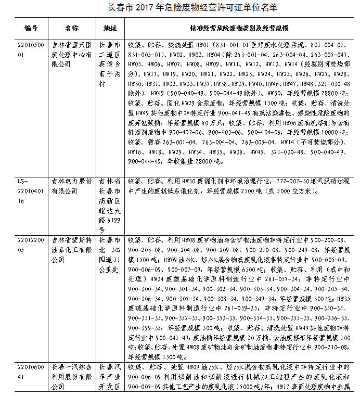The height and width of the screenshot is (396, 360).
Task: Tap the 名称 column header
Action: [71, 28]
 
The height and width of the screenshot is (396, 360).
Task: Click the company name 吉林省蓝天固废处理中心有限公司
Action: [71, 54]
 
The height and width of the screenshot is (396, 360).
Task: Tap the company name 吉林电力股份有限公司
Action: [71, 186]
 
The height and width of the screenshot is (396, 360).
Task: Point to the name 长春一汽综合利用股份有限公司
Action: [71, 376]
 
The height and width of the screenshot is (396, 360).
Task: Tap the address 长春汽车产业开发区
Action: [110, 376]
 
